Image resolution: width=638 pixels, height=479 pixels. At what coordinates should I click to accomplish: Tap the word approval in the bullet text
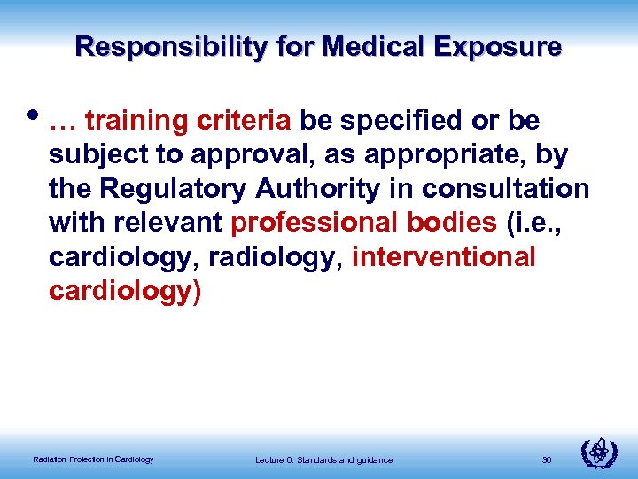248,155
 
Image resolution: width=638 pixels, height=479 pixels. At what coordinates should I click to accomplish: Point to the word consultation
505,189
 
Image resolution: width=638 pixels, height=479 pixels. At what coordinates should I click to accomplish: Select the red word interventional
443,258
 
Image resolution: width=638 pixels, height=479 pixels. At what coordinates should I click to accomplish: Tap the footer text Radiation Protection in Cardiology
93,459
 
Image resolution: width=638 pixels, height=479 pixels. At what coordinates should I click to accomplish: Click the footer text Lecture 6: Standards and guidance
323,459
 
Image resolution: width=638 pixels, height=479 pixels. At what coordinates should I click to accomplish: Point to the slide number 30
546,459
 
